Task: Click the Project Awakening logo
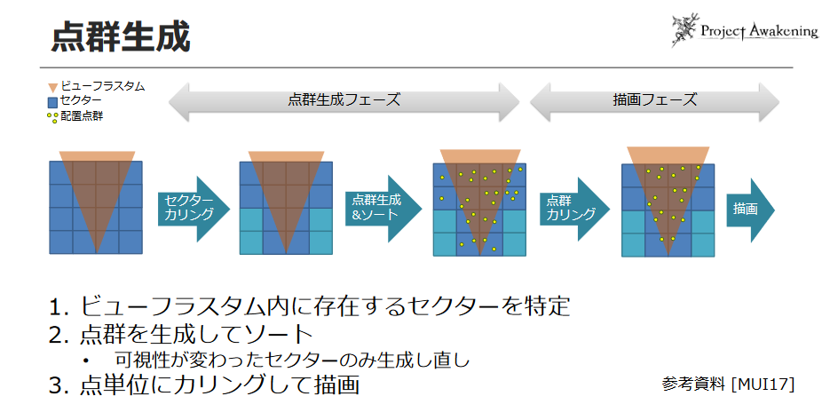[744, 30]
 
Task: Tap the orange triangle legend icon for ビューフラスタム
[53, 87]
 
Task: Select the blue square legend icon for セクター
[53, 101]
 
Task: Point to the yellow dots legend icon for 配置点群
[53, 116]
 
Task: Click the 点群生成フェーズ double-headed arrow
[344, 100]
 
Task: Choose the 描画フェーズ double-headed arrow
[654, 100]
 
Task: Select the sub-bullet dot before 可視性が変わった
[86, 361]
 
